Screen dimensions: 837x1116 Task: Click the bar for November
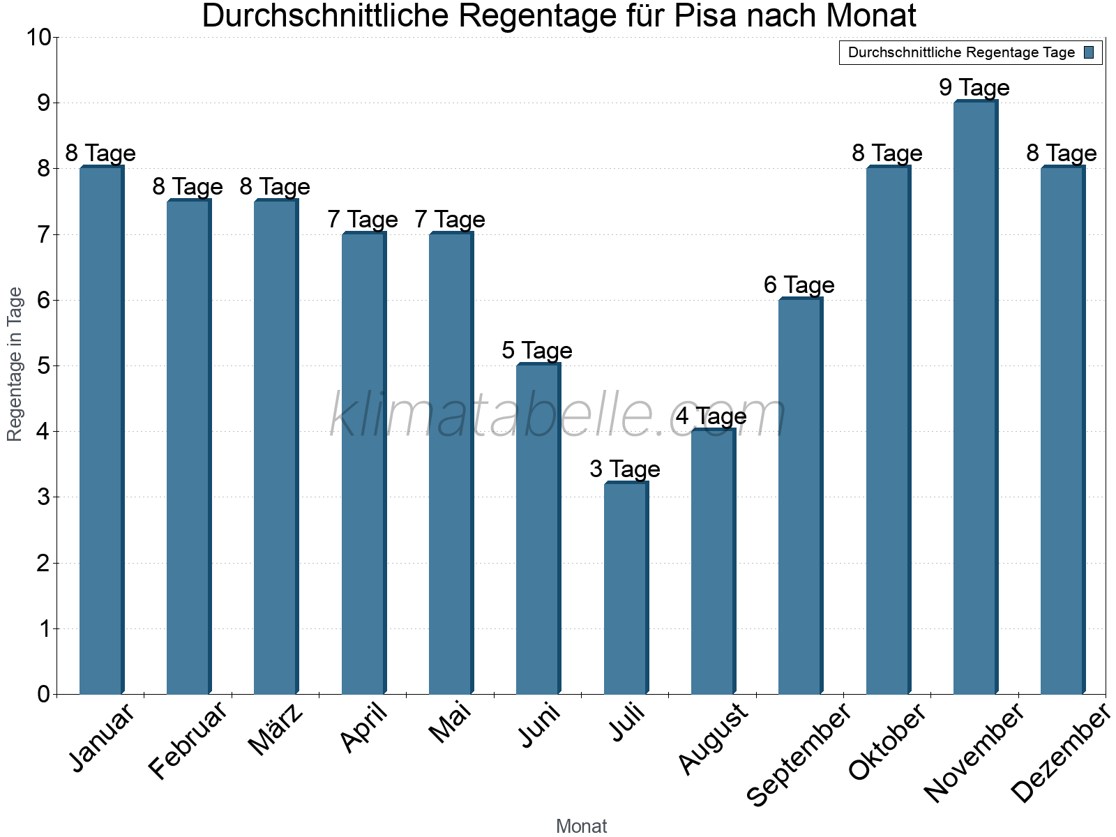tap(975, 398)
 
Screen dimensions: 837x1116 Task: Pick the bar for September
tap(800, 496)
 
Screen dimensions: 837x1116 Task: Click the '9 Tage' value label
tap(974, 88)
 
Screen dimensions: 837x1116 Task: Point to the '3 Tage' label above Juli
tap(624, 469)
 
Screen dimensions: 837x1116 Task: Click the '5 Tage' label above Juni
tap(536, 351)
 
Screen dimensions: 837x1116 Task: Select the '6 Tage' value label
tap(799, 285)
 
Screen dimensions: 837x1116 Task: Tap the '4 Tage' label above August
tap(711, 416)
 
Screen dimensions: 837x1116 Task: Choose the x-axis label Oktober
tap(887, 741)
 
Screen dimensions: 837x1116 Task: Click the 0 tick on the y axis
tap(44, 695)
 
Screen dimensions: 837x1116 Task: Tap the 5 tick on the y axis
tap(44, 366)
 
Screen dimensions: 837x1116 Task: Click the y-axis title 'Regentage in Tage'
tap(15, 364)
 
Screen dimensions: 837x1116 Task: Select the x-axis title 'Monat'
tap(581, 827)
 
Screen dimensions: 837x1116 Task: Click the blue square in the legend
tap(1089, 52)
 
